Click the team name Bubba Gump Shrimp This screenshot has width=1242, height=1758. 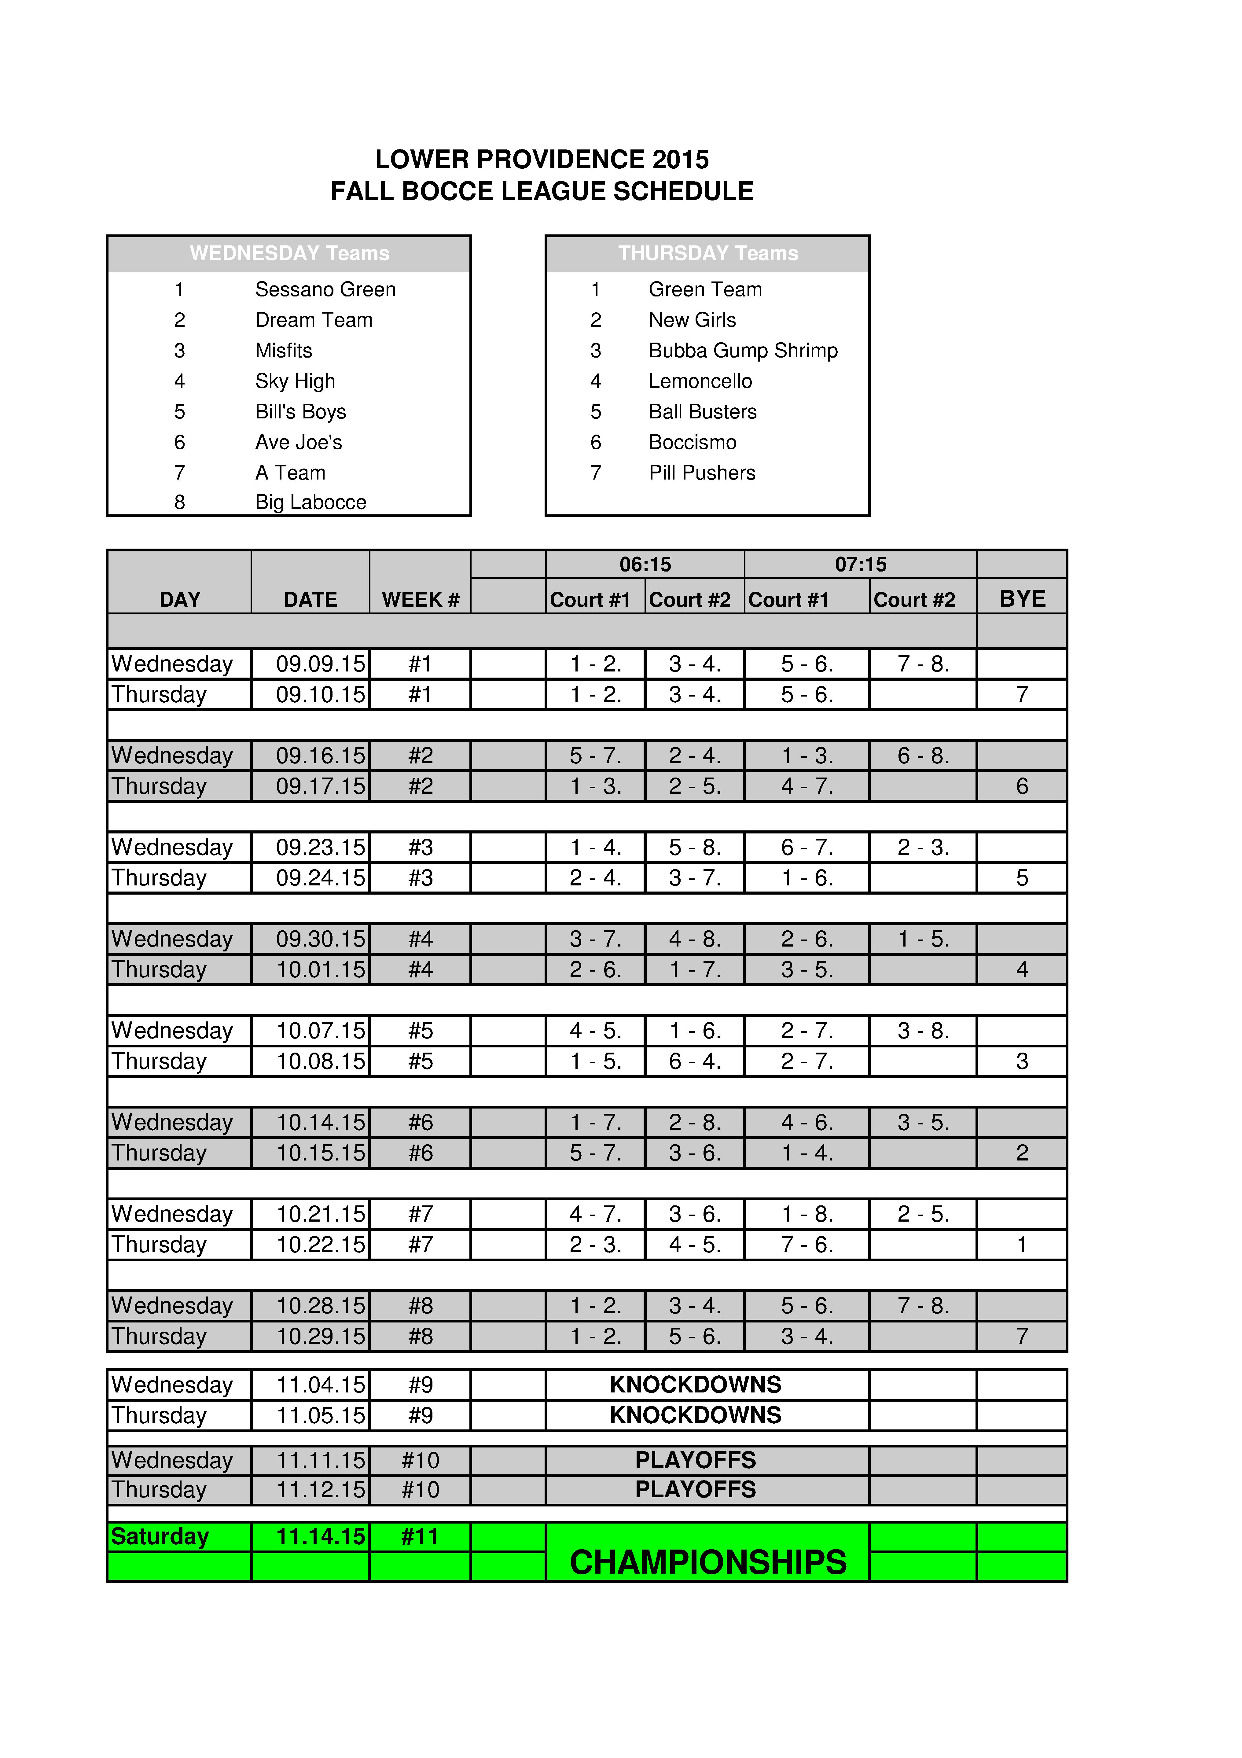pyautogui.click(x=743, y=351)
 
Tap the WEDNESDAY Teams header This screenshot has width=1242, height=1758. pyautogui.click(x=289, y=253)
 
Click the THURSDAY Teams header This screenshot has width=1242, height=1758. pyautogui.click(x=707, y=253)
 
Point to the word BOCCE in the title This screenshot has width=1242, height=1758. pyautogui.click(x=448, y=191)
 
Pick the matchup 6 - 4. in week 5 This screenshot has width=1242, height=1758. pyautogui.click(x=695, y=1061)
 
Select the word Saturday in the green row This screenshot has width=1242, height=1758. pyautogui.click(x=160, y=1537)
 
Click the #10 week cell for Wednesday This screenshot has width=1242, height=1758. pyautogui.click(x=421, y=1460)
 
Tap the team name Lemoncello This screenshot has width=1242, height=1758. pyautogui.click(x=700, y=381)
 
